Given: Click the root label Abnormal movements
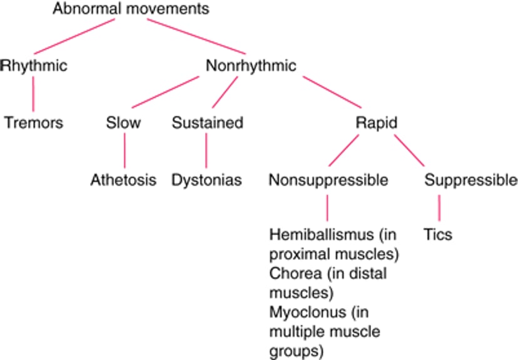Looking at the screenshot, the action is click(131, 9).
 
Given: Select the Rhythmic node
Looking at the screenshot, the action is click(34, 66).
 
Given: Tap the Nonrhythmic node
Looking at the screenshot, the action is click(251, 66).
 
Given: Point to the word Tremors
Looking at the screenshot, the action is click(33, 122).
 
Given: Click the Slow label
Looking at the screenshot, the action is click(123, 122).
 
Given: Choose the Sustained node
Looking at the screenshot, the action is click(208, 122).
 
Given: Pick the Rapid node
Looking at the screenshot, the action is click(376, 123).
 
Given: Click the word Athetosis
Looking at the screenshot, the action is click(123, 180).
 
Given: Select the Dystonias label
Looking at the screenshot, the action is click(207, 180).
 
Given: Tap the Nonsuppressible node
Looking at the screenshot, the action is click(328, 180).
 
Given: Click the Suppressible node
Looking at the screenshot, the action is click(471, 180).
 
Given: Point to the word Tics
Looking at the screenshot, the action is click(438, 234).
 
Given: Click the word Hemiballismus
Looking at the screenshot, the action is click(322, 234).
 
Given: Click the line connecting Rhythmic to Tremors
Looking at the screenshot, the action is click(33, 94).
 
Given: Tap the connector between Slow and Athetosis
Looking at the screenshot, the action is click(124, 151).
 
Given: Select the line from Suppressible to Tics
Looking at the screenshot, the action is click(439, 208).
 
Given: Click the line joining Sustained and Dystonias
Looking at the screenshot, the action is click(206, 151).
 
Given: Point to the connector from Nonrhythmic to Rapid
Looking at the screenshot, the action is click(332, 92).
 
